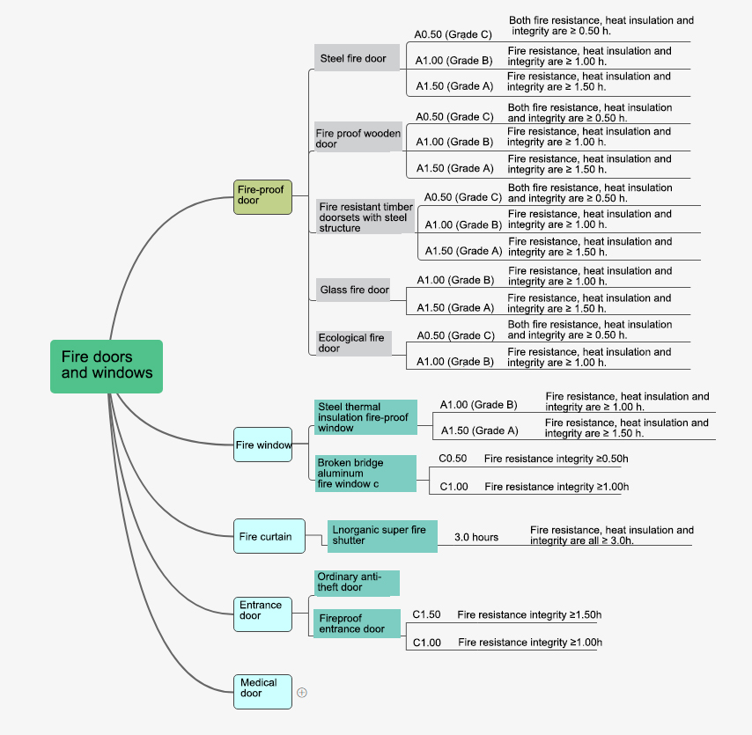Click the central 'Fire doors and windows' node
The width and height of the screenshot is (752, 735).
click(x=107, y=366)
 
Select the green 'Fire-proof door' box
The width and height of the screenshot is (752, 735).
click(x=262, y=197)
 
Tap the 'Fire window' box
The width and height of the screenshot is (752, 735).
click(x=262, y=445)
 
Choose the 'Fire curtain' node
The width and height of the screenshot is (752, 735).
click(x=269, y=536)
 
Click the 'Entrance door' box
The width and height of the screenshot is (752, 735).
click(x=262, y=614)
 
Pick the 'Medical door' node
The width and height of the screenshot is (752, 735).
click(x=262, y=691)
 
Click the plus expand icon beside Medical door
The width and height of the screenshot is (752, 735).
click(x=302, y=693)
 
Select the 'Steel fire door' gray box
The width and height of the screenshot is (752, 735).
click(x=357, y=58)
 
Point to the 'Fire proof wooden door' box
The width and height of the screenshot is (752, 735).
click(x=358, y=137)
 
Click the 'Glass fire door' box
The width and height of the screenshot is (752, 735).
click(x=353, y=290)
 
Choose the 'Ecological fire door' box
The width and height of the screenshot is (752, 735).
click(x=353, y=343)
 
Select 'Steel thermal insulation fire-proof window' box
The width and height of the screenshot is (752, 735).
click(x=365, y=417)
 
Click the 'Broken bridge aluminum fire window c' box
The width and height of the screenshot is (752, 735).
click(x=365, y=474)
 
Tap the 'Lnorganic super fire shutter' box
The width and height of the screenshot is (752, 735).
click(x=382, y=536)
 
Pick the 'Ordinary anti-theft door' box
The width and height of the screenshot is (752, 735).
click(x=357, y=583)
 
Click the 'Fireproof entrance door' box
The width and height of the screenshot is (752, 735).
click(x=357, y=623)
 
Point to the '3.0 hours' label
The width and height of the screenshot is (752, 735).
click(x=476, y=537)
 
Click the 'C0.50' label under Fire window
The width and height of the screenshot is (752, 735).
click(x=453, y=459)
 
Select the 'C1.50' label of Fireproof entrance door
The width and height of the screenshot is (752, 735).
click(x=426, y=614)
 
